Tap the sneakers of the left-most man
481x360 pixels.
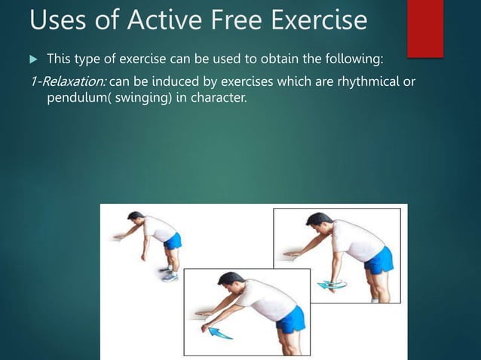(x=170, y=275)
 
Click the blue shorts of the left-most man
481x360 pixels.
(x=173, y=241)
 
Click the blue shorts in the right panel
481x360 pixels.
(x=379, y=260)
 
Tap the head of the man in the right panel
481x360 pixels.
(x=317, y=224)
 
